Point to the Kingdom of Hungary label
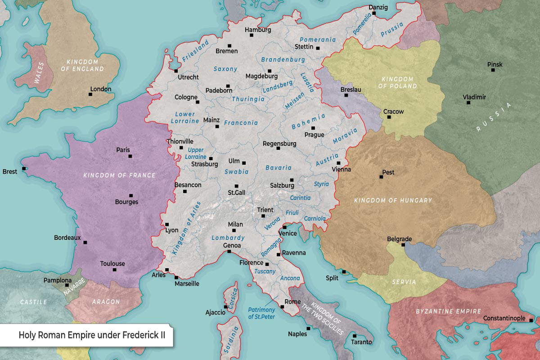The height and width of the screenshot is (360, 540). click(393, 200)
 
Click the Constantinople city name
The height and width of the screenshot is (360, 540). click(504, 319)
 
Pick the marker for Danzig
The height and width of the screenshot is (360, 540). click(373, 13)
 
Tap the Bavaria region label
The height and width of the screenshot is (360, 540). click(278, 167)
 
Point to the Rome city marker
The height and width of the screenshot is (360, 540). click(282, 307)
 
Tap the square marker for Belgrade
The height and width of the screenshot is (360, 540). click(403, 245)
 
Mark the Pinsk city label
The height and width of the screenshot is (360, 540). click(495, 64)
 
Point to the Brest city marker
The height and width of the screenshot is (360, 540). click(24, 169)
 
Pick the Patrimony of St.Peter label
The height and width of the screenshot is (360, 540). click(261, 313)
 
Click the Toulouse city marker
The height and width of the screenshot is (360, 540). click(115, 270)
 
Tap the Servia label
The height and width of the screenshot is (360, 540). click(404, 282)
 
